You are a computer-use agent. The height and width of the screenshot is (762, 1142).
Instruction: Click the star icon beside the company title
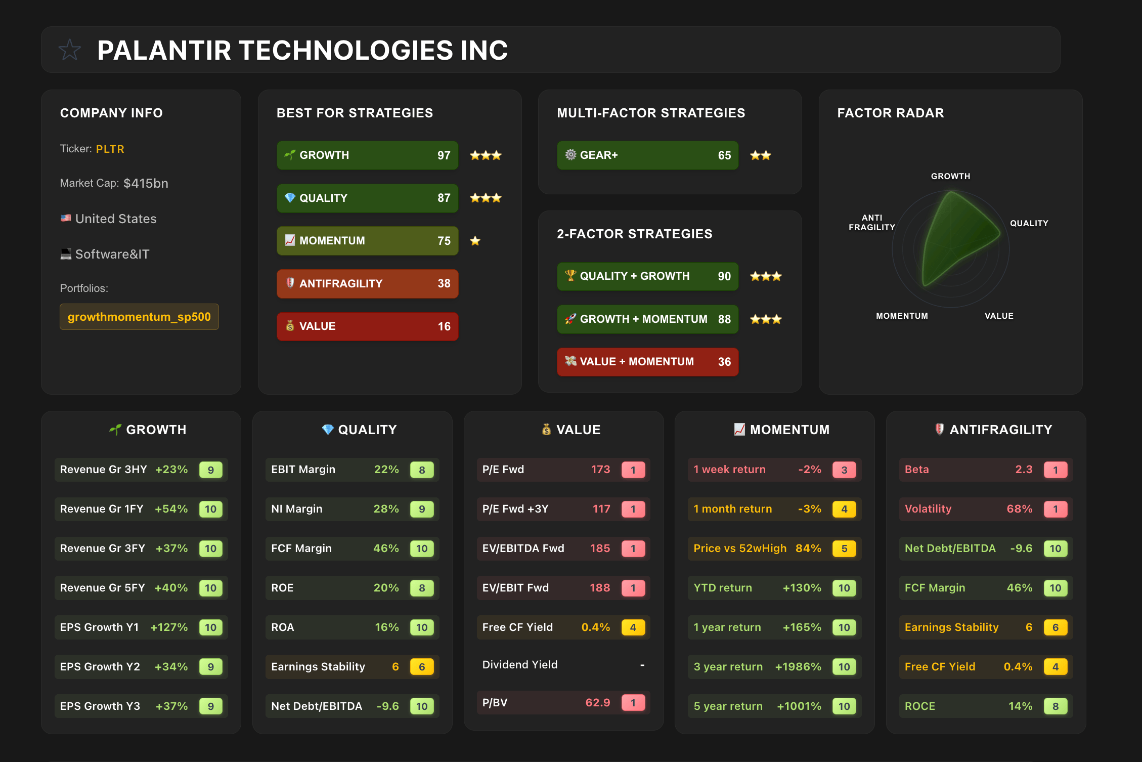(70, 50)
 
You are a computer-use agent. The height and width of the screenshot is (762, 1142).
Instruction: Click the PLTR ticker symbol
(110, 149)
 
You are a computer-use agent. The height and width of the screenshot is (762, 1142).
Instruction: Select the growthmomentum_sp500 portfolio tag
(139, 317)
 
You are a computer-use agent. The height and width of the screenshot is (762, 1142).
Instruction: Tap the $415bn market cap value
(146, 183)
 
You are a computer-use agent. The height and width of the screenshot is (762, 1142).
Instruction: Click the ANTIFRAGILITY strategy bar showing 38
(367, 283)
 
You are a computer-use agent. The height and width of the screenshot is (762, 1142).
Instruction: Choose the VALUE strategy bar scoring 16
(367, 326)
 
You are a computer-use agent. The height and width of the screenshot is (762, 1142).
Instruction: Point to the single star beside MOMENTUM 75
(475, 241)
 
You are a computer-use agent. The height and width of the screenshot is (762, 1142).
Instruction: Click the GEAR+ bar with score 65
(647, 155)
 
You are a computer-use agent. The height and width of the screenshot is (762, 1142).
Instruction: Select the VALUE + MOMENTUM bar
(647, 362)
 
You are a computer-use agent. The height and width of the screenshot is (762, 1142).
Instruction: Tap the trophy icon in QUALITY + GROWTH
(570, 275)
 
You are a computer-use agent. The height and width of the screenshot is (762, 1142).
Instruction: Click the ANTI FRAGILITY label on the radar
(871, 223)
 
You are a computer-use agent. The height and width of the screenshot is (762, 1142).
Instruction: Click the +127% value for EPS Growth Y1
(169, 627)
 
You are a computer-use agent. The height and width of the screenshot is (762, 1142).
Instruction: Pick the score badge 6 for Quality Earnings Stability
(422, 667)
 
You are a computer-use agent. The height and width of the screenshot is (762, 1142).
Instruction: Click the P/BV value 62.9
(597, 703)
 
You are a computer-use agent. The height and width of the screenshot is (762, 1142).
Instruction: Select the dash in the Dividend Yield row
(642, 665)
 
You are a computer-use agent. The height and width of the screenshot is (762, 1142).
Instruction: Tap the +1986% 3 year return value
(798, 667)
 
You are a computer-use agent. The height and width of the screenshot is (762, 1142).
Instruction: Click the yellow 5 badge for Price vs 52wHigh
(844, 548)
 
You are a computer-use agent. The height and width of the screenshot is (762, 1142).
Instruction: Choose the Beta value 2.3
(1024, 470)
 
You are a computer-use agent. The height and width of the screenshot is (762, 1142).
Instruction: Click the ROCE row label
(919, 706)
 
